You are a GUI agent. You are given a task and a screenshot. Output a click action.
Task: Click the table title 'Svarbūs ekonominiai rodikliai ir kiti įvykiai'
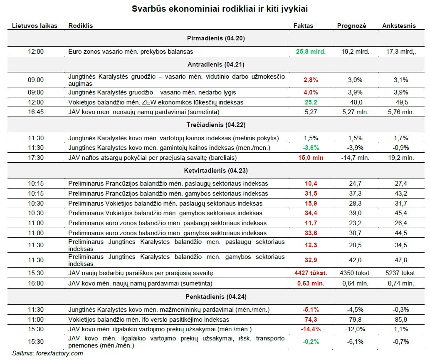pos(220,9)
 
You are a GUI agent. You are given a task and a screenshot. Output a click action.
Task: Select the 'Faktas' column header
pos(303,26)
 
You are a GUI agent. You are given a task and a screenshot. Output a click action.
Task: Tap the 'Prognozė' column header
pos(351,26)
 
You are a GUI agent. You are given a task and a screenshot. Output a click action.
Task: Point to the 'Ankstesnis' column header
pos(399,26)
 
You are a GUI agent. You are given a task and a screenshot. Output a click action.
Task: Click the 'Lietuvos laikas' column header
pos(35,26)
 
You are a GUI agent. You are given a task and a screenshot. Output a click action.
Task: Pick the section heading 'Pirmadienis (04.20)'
pos(216,38)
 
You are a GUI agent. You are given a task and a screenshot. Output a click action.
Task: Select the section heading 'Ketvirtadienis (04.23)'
pos(216,171)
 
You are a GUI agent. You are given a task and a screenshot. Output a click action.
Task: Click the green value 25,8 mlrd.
pos(311,52)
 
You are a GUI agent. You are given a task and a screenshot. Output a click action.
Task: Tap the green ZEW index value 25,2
pos(311,102)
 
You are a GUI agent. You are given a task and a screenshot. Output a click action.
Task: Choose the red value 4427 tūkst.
pos(311,273)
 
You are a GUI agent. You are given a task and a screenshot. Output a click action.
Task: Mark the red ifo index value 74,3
pos(311,320)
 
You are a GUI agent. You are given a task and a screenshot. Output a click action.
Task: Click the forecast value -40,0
pos(355,102)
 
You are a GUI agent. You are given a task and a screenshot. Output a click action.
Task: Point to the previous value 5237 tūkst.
pos(401,273)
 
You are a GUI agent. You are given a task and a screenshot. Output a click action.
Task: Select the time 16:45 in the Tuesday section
pos(36,112)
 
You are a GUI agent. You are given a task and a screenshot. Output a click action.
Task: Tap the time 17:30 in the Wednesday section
pos(36,158)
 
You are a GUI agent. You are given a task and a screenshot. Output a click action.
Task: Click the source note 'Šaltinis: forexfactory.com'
pos(47,353)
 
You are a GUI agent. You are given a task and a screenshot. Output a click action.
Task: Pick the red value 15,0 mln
pos(311,158)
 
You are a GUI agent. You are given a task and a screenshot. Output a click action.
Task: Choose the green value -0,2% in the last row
pos(311,342)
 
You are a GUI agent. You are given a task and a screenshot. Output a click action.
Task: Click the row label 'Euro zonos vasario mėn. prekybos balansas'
pos(131,52)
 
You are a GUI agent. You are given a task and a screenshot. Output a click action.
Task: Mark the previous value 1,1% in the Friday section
pos(401,329)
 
